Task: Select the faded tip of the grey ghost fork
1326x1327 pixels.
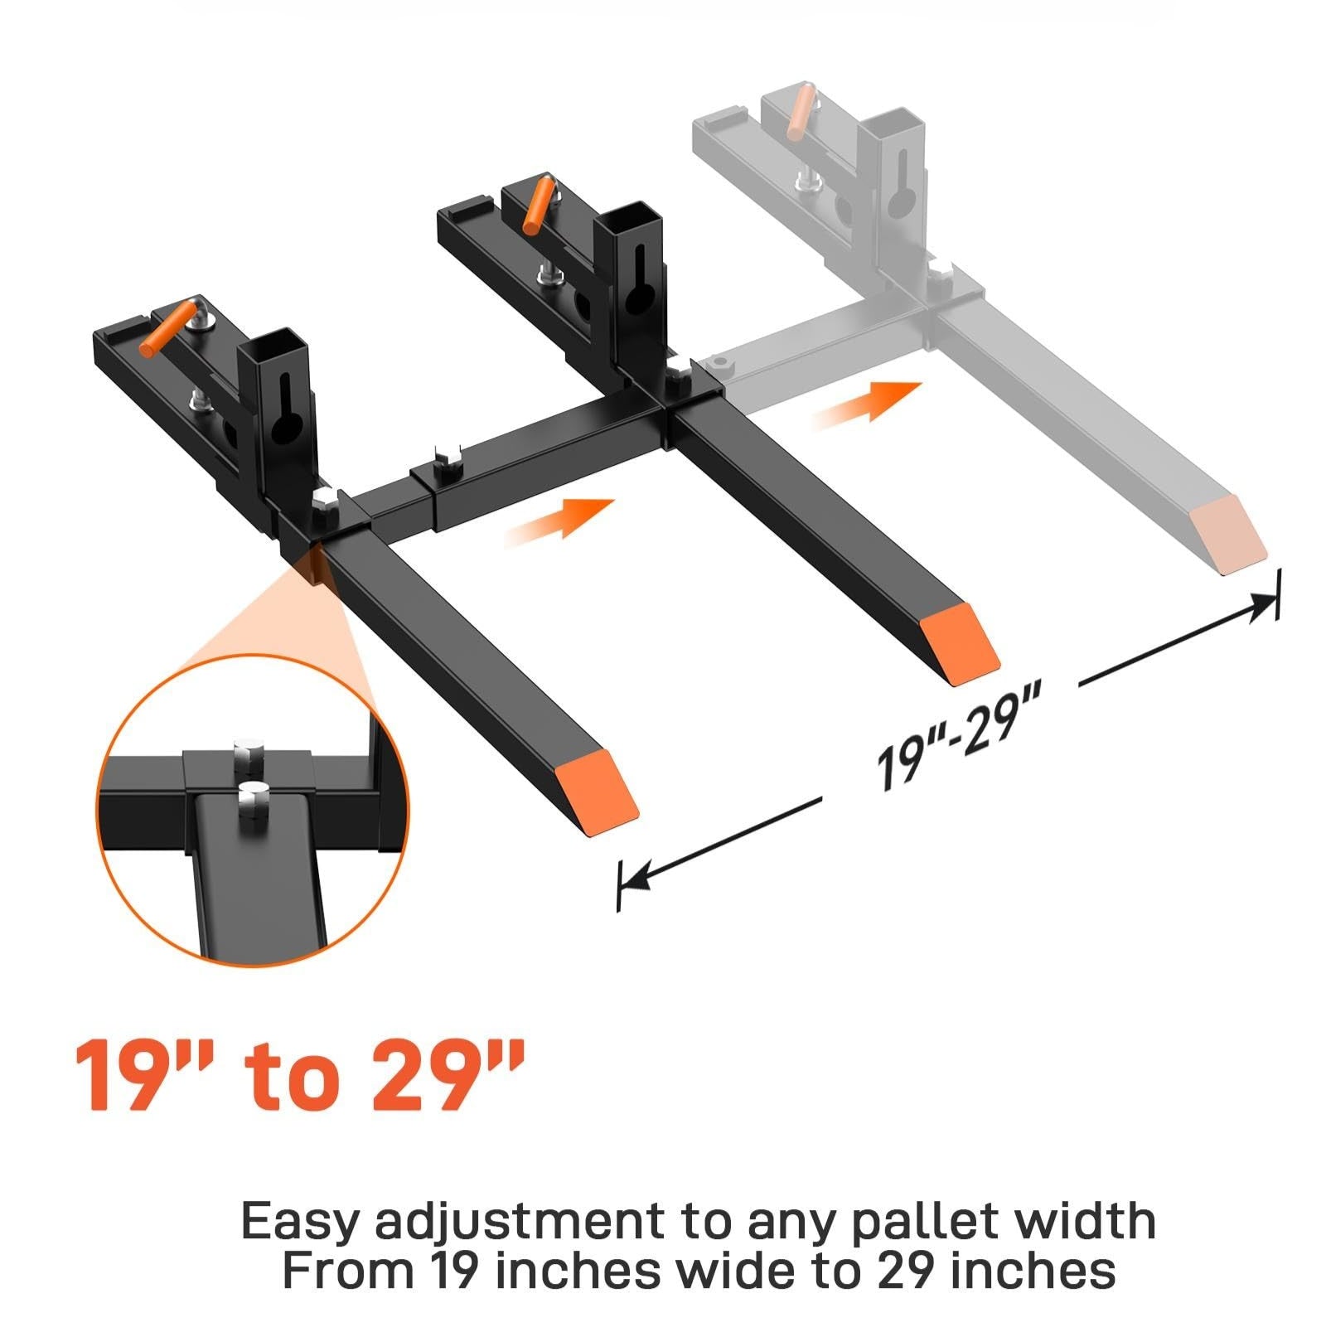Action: (1228, 535)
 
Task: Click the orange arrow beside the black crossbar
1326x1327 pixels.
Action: (559, 521)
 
